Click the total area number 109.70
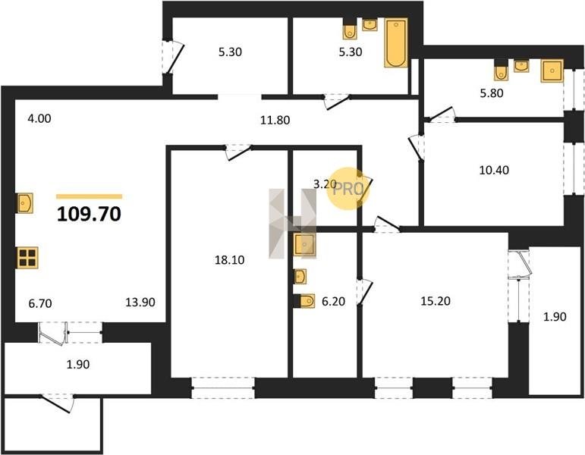[89, 214]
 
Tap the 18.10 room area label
[229, 259]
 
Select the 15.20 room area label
[436, 300]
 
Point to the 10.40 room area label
[494, 170]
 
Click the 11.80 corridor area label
[275, 120]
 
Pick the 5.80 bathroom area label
[492, 93]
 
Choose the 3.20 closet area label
[325, 184]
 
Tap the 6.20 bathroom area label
[333, 301]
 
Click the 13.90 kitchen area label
[140, 302]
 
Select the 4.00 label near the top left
[39, 118]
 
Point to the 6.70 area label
[40, 303]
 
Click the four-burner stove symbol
[27, 258]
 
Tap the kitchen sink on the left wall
[25, 203]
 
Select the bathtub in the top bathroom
[396, 42]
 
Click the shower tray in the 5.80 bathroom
[552, 71]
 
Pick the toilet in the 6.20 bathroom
[306, 300]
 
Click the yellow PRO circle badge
[348, 189]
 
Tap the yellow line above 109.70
[90, 196]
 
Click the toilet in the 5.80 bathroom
[501, 72]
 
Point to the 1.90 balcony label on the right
[555, 317]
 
